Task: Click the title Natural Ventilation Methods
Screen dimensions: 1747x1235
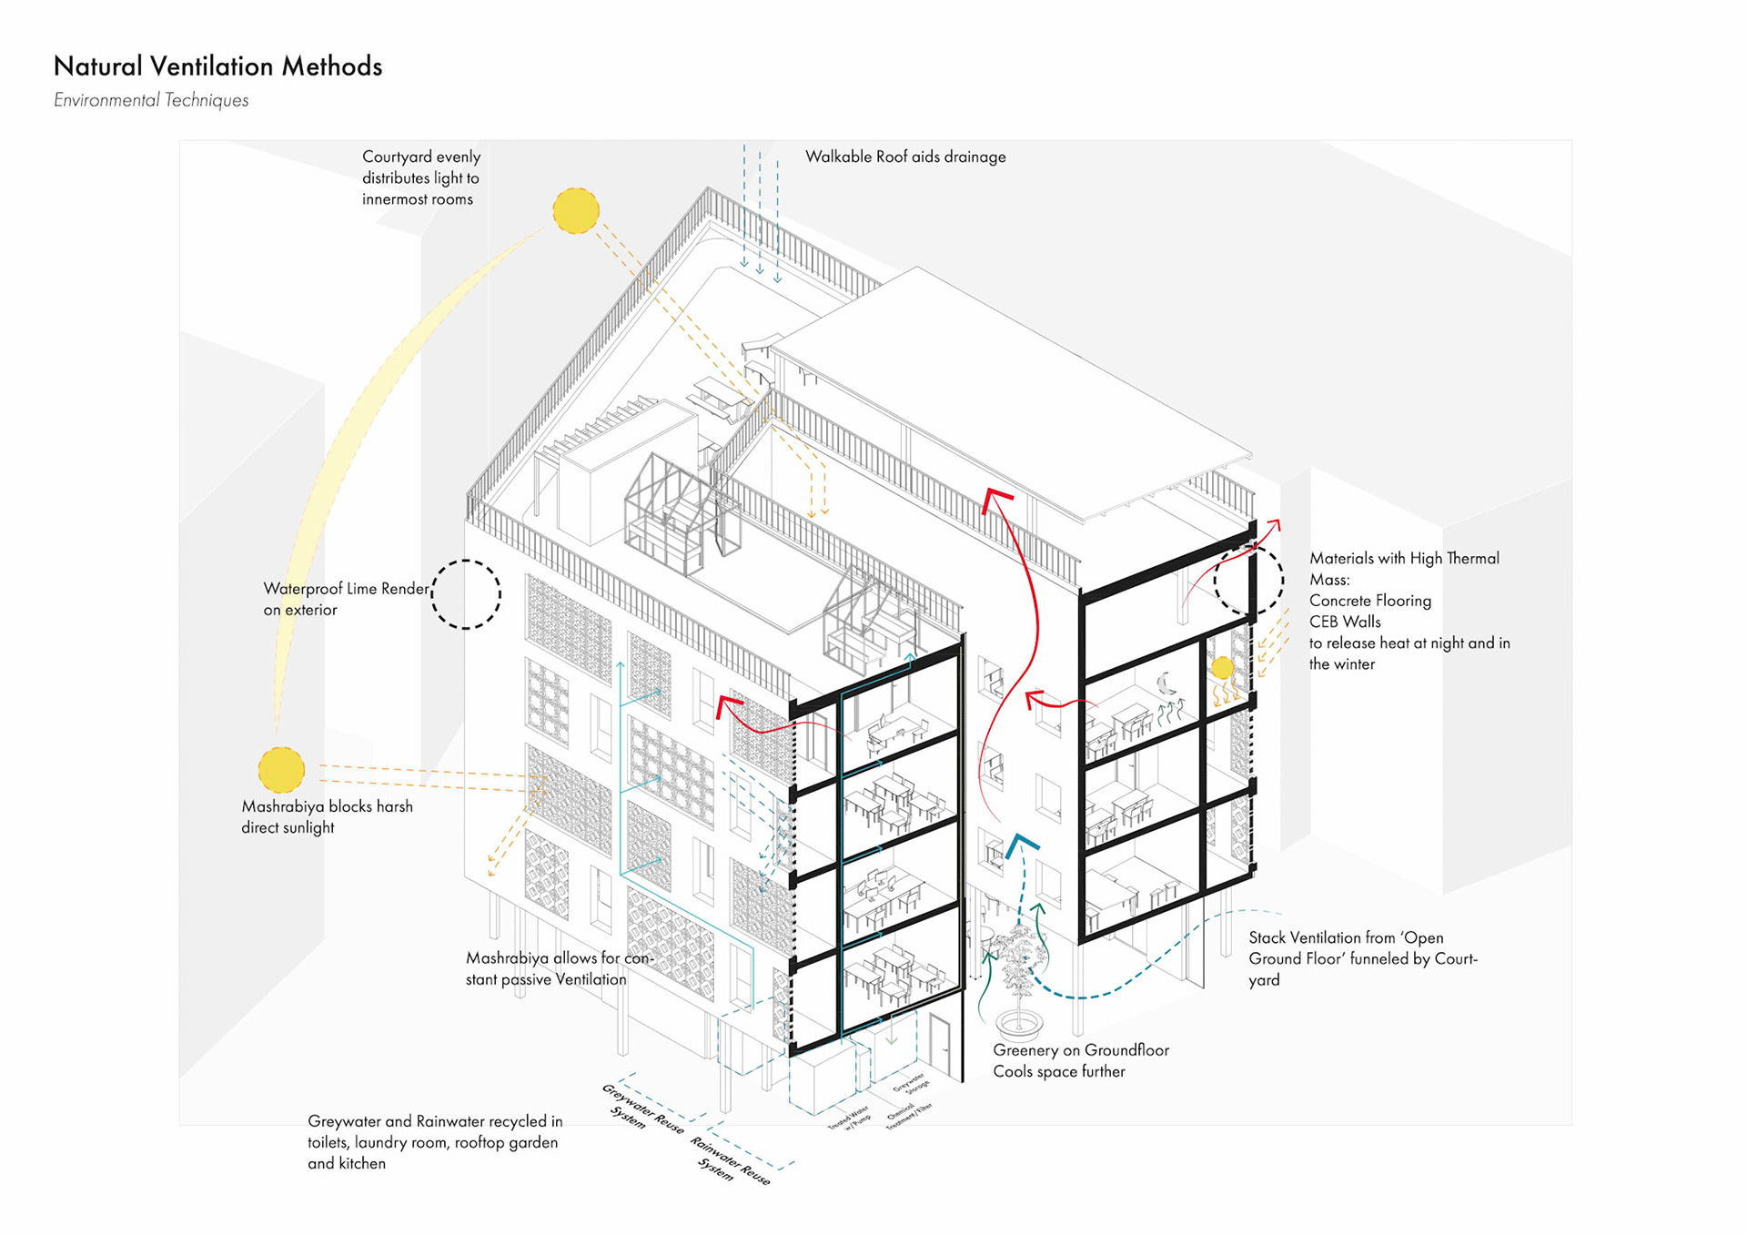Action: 217,66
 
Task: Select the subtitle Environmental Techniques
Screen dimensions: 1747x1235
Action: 151,100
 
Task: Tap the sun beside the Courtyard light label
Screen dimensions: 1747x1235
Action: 576,211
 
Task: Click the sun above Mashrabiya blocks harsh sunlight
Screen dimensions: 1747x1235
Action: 281,770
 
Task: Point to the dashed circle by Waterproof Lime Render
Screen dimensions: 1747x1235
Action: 466,594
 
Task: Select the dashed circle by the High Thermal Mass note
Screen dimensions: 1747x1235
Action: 1248,579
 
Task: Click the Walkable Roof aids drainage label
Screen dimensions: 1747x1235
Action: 905,157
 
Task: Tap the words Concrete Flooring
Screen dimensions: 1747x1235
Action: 1369,601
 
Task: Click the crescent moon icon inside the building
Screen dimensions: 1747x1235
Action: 1166,683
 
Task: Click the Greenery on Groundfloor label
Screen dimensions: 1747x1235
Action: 1080,1060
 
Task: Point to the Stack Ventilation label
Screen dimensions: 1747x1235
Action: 1362,958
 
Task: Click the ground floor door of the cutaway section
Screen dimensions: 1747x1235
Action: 940,1046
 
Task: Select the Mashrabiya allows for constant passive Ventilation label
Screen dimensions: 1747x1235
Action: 559,968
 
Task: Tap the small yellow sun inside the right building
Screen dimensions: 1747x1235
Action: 1223,668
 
